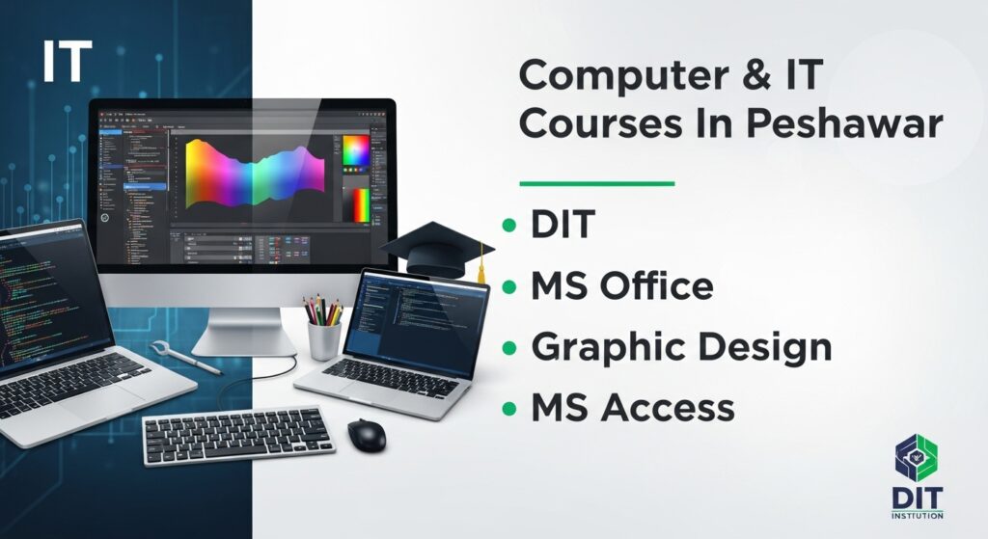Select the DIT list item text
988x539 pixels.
[x=563, y=227]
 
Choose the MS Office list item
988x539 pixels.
[x=622, y=286]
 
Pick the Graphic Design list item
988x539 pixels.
[x=681, y=347]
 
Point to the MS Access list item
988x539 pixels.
[x=633, y=408]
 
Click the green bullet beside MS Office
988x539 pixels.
[x=509, y=287]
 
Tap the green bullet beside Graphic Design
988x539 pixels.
[x=509, y=348]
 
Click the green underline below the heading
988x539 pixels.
[x=596, y=183]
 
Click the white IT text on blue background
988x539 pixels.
[x=67, y=62]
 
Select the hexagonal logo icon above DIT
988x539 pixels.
[x=916, y=459]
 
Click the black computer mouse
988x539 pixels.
[x=366, y=434]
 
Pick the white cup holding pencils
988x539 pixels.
[x=324, y=338]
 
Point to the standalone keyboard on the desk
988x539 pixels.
[x=238, y=434]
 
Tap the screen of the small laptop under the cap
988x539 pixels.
[x=417, y=317]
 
